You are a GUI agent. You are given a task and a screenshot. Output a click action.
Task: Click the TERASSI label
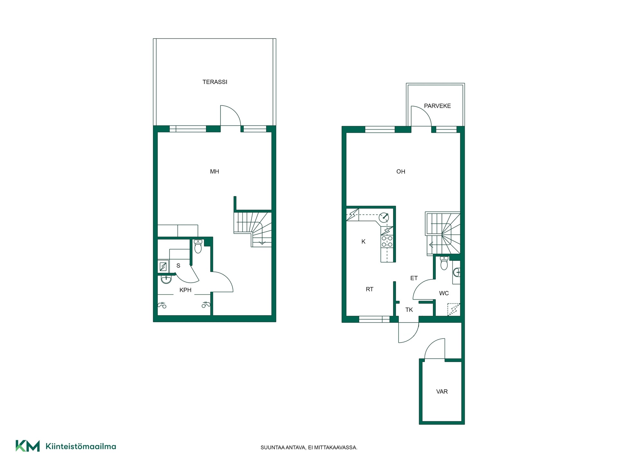[x=215, y=82]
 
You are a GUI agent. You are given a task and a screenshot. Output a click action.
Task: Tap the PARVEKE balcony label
[x=437, y=106]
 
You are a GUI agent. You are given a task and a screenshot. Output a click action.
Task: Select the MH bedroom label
[x=214, y=172]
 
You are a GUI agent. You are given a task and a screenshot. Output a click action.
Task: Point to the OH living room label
[x=401, y=172]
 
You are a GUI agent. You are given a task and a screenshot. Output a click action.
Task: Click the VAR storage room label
[x=442, y=392]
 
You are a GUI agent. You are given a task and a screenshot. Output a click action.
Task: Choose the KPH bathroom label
[x=185, y=290]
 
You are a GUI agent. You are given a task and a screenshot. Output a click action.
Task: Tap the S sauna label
[x=178, y=266]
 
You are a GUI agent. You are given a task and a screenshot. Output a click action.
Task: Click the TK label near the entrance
[x=409, y=310]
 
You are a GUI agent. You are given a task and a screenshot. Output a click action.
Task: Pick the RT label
[x=370, y=289]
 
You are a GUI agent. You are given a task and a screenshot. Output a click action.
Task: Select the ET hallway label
[x=414, y=278]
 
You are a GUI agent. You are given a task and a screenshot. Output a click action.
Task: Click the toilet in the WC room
[x=444, y=263]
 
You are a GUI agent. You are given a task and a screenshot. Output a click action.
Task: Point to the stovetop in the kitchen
[x=387, y=241]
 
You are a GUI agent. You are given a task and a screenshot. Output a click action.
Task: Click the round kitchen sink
[x=384, y=218]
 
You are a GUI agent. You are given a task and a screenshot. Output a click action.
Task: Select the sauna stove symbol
[x=163, y=267]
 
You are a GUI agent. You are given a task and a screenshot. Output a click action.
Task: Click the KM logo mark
[x=28, y=446]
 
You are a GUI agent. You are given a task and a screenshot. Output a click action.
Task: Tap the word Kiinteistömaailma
[x=81, y=446]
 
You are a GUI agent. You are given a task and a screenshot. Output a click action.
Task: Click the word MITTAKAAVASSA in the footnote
[x=338, y=448]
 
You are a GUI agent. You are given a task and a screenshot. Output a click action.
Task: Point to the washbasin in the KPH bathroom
[x=166, y=279]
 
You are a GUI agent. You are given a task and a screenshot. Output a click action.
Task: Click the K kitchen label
[x=363, y=242]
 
